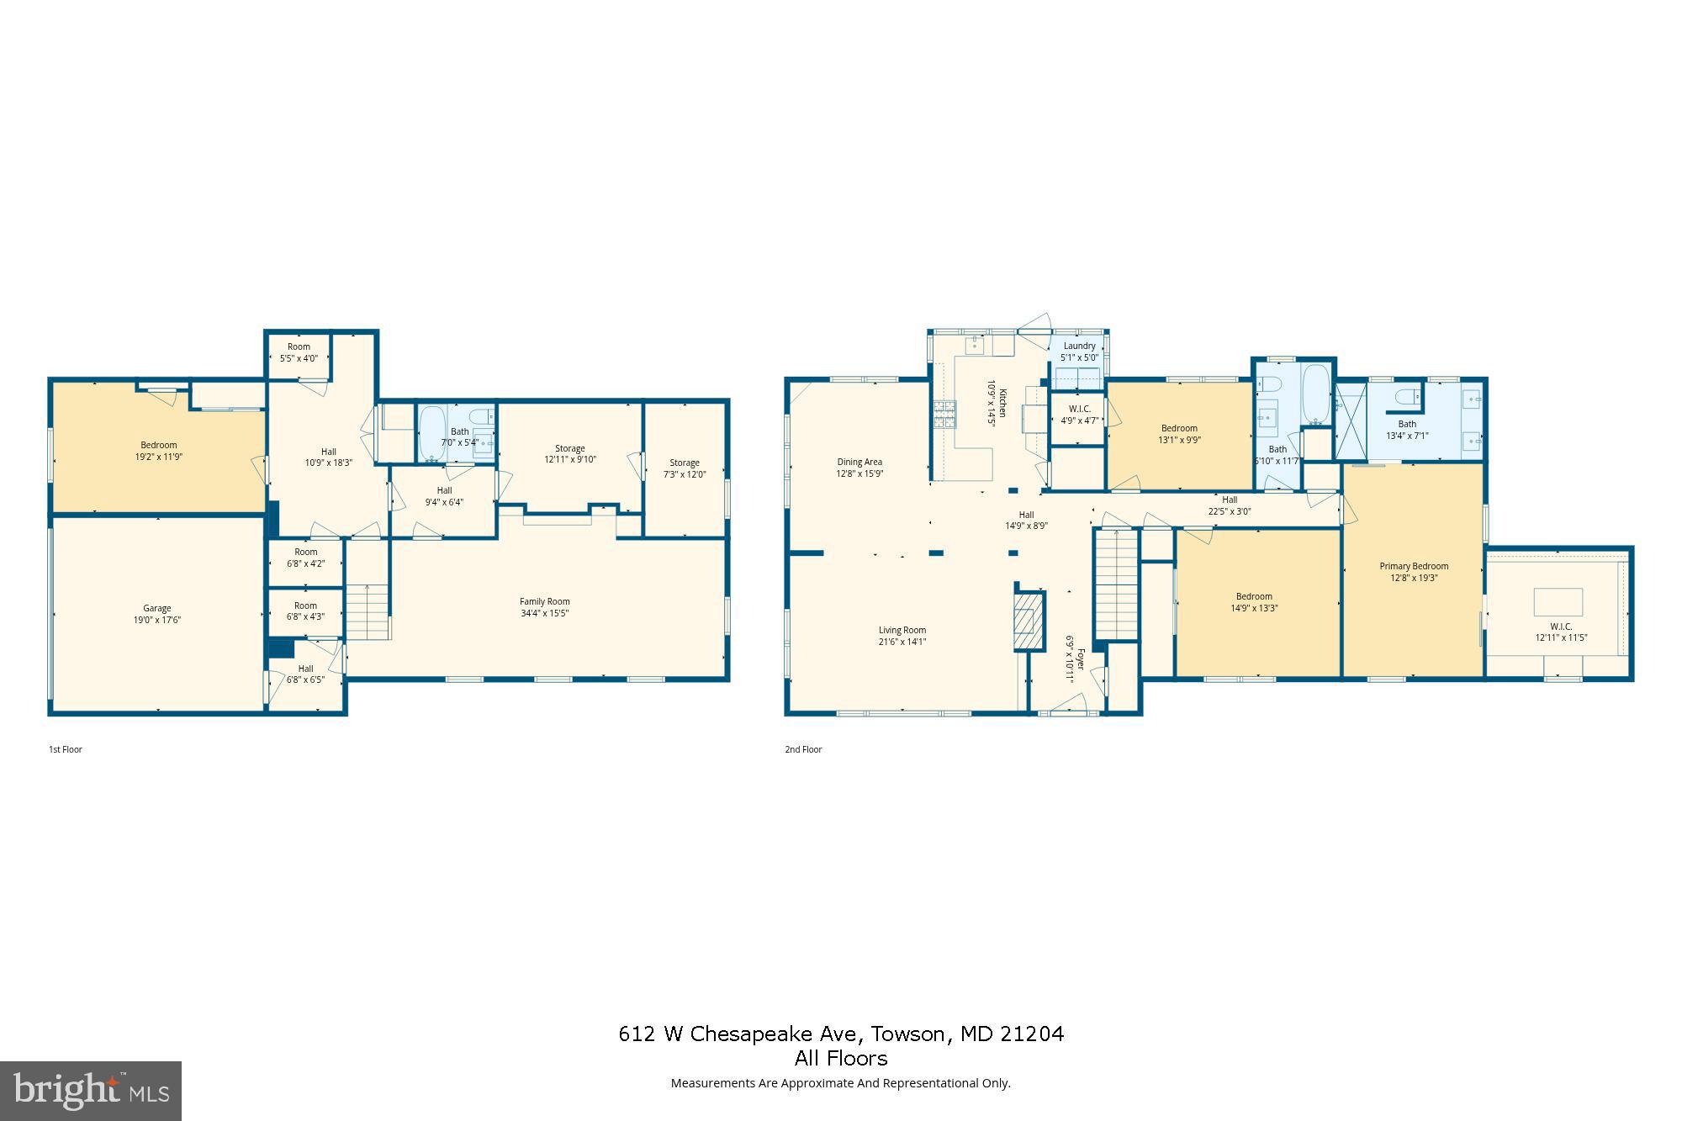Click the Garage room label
[x=157, y=608]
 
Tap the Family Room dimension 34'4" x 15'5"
[x=545, y=614]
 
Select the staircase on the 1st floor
[x=368, y=611]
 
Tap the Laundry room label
[x=1079, y=346]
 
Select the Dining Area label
[x=860, y=462]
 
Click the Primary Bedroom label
[x=1414, y=566]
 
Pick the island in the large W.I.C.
[x=1558, y=602]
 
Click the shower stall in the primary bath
[x=1351, y=421]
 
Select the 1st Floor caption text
[x=66, y=749]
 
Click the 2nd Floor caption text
[x=803, y=749]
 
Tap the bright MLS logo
[x=91, y=1091]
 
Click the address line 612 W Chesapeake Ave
[x=841, y=1034]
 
